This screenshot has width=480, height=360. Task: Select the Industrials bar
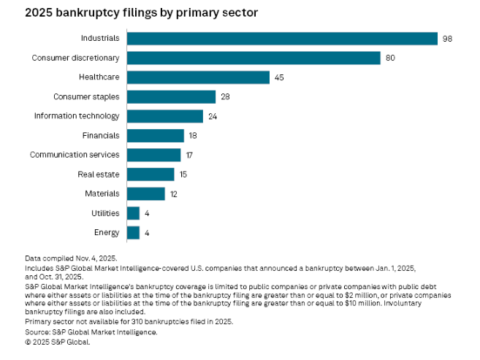pos(282,38)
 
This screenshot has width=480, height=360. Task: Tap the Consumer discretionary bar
pos(254,58)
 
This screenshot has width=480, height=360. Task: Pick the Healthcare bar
pos(199,77)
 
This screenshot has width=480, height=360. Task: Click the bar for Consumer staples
pos(171,96)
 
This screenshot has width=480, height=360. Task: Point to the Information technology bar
pos(164,115)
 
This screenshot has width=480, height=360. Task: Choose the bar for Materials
pos(145,194)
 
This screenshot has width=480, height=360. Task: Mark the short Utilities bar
pos(133,213)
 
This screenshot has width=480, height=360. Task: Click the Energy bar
pos(133,232)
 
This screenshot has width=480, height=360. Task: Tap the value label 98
pos(446,39)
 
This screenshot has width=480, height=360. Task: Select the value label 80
pos(390,58)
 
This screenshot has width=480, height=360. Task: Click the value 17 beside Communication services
pos(189,155)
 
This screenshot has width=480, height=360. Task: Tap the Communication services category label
pos(74,155)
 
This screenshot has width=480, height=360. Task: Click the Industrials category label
pos(100,38)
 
